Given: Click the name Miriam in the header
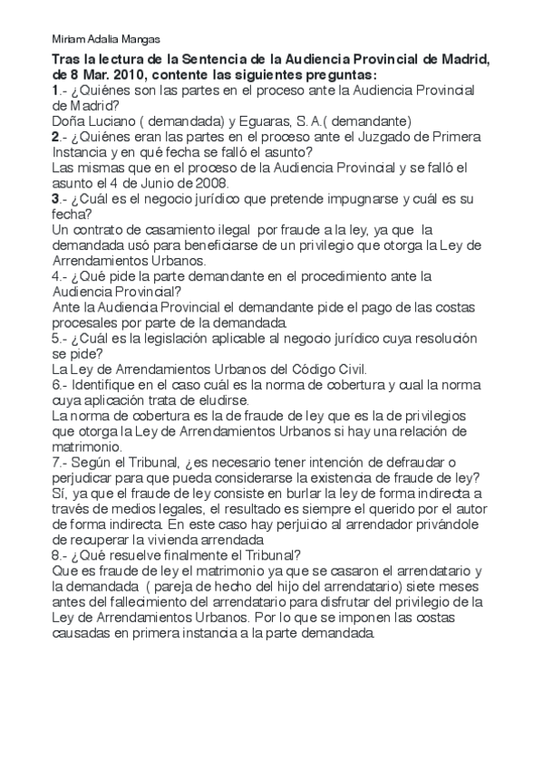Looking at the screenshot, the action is pyautogui.click(x=67, y=40).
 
